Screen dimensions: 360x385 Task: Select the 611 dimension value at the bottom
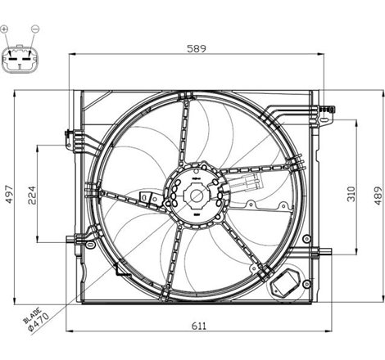(x=199, y=326)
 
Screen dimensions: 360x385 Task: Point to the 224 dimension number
(x=32, y=194)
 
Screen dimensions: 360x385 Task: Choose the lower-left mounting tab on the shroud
(x=72, y=240)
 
